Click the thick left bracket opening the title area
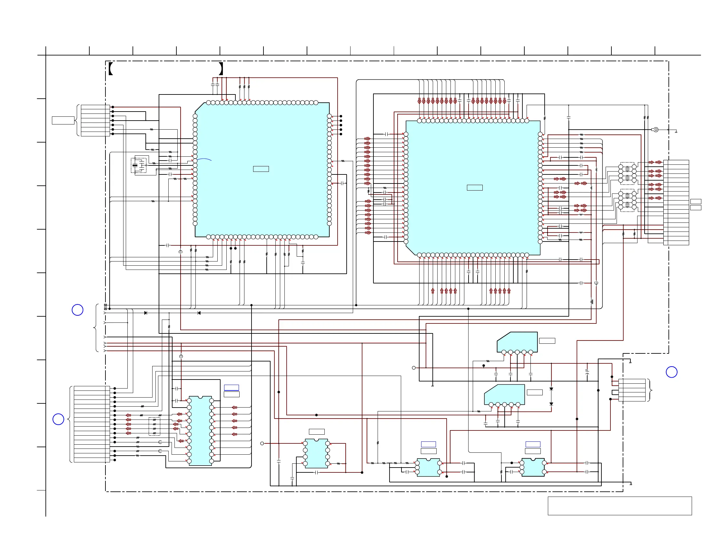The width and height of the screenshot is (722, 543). [111, 69]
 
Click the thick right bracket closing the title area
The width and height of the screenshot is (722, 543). [221, 69]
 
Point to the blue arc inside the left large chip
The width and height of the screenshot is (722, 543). [205, 160]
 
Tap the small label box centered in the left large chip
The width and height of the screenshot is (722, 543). [261, 169]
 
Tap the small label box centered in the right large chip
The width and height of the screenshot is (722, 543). [475, 188]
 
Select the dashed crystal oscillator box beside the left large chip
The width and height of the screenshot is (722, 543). [139, 165]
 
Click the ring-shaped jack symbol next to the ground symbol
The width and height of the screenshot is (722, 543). [656, 130]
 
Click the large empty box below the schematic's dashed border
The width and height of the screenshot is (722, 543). [619, 506]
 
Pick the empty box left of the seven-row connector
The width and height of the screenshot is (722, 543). [63, 120]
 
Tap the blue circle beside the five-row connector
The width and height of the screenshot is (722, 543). [671, 372]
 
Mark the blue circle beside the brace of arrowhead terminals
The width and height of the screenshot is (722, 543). [77, 310]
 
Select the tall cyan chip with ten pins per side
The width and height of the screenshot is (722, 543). [200, 431]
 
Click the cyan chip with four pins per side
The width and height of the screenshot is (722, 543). [316, 454]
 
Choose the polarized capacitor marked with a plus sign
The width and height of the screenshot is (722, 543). [587, 372]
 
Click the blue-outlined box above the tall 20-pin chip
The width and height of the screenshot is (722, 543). [232, 388]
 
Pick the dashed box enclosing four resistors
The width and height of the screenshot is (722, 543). [154, 426]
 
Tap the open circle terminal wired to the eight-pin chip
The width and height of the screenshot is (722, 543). [262, 443]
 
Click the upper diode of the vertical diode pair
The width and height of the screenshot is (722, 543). [551, 389]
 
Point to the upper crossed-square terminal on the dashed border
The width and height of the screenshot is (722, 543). [105, 305]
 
